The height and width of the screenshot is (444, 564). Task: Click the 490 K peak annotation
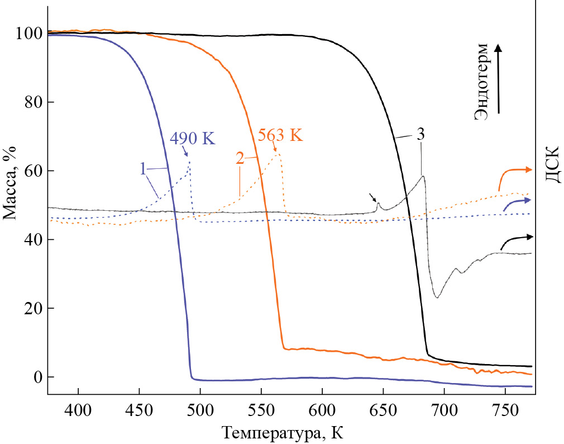(x=192, y=138)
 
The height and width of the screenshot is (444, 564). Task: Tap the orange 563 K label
(x=280, y=135)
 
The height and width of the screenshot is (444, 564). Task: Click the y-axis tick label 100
(x=30, y=34)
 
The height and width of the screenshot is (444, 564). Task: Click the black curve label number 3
(x=420, y=135)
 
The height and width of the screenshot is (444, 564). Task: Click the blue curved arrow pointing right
(x=517, y=203)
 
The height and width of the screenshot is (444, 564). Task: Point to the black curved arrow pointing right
(x=517, y=240)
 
